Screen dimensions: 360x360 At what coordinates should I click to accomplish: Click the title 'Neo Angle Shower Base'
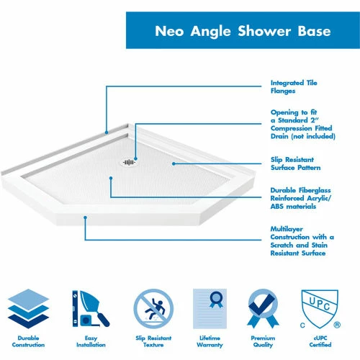click(243, 31)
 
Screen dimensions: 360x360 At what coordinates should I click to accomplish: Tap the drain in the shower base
click(129, 163)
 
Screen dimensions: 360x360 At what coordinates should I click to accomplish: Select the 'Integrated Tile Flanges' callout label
click(294, 87)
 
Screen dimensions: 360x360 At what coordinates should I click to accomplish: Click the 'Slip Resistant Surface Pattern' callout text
click(295, 163)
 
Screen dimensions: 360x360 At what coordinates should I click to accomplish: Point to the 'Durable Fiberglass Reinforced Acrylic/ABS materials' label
click(300, 198)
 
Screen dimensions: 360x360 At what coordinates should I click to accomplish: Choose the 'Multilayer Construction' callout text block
click(302, 240)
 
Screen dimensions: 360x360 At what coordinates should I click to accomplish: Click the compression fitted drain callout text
click(302, 124)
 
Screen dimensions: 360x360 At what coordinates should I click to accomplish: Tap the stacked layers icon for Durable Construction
click(28, 308)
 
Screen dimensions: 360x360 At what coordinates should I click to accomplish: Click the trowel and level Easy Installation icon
click(91, 308)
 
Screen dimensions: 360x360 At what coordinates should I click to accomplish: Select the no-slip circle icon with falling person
click(153, 309)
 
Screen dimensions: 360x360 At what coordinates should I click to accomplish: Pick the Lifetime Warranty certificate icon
click(210, 308)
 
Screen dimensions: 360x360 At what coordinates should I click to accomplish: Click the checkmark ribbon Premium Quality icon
click(263, 308)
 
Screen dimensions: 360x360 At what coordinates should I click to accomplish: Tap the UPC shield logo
click(320, 308)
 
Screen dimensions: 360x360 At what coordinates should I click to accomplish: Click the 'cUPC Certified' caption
click(320, 341)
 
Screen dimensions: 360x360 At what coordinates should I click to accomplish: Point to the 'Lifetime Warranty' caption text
click(210, 341)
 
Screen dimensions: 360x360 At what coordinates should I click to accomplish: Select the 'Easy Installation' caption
click(91, 341)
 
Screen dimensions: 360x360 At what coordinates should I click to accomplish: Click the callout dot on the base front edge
click(85, 217)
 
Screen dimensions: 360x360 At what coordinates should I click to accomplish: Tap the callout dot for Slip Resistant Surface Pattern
click(174, 163)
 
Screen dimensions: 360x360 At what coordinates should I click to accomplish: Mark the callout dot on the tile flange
click(107, 132)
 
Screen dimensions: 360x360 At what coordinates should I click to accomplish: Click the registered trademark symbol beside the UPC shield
click(337, 325)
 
